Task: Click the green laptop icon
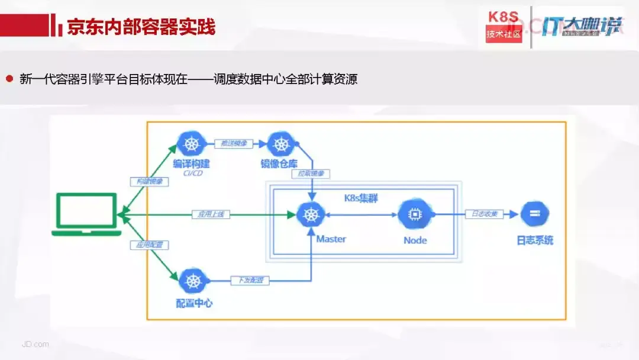click(86, 214)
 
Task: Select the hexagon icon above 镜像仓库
click(281, 144)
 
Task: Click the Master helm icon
click(309, 214)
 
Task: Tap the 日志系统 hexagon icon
click(534, 214)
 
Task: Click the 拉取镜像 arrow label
click(310, 173)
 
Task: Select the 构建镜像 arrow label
click(149, 182)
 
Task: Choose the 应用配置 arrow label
click(150, 245)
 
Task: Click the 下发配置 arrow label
click(251, 280)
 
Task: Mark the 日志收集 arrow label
click(483, 214)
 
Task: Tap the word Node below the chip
click(415, 240)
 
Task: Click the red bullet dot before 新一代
click(9, 78)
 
